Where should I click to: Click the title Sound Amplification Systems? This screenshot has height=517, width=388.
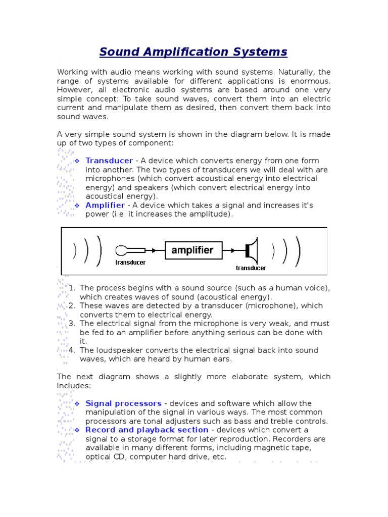(193, 51)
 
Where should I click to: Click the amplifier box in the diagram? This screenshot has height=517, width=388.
(192, 250)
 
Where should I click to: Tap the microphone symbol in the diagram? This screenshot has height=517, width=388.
(124, 250)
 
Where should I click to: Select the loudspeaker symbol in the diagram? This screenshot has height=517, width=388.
(251, 250)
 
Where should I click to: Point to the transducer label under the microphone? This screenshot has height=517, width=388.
(130, 262)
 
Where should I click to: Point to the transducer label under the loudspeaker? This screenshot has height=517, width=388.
(251, 268)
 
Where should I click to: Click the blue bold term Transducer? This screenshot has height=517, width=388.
(109, 161)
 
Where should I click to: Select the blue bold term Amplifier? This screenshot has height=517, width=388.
(105, 205)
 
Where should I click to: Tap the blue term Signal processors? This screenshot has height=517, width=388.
(124, 403)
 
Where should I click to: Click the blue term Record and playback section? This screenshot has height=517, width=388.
(147, 430)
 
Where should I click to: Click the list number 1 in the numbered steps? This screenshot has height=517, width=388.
(72, 288)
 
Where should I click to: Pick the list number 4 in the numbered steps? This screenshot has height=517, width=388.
(72, 350)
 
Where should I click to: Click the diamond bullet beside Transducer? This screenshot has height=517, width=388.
(77, 161)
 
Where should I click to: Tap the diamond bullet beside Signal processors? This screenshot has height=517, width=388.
(77, 404)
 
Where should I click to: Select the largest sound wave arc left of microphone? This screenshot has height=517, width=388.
(100, 250)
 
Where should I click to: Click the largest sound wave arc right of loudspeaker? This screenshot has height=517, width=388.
(299, 250)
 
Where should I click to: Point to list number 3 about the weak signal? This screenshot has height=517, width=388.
(72, 324)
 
